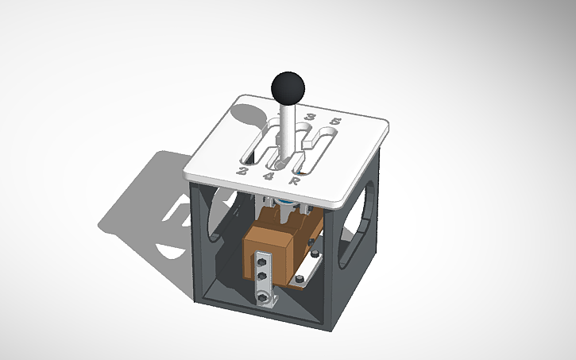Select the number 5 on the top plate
coord(335,122)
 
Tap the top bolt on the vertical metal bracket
coord(261,259)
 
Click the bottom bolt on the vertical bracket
coord(261,297)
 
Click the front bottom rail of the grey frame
coord(262,314)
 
